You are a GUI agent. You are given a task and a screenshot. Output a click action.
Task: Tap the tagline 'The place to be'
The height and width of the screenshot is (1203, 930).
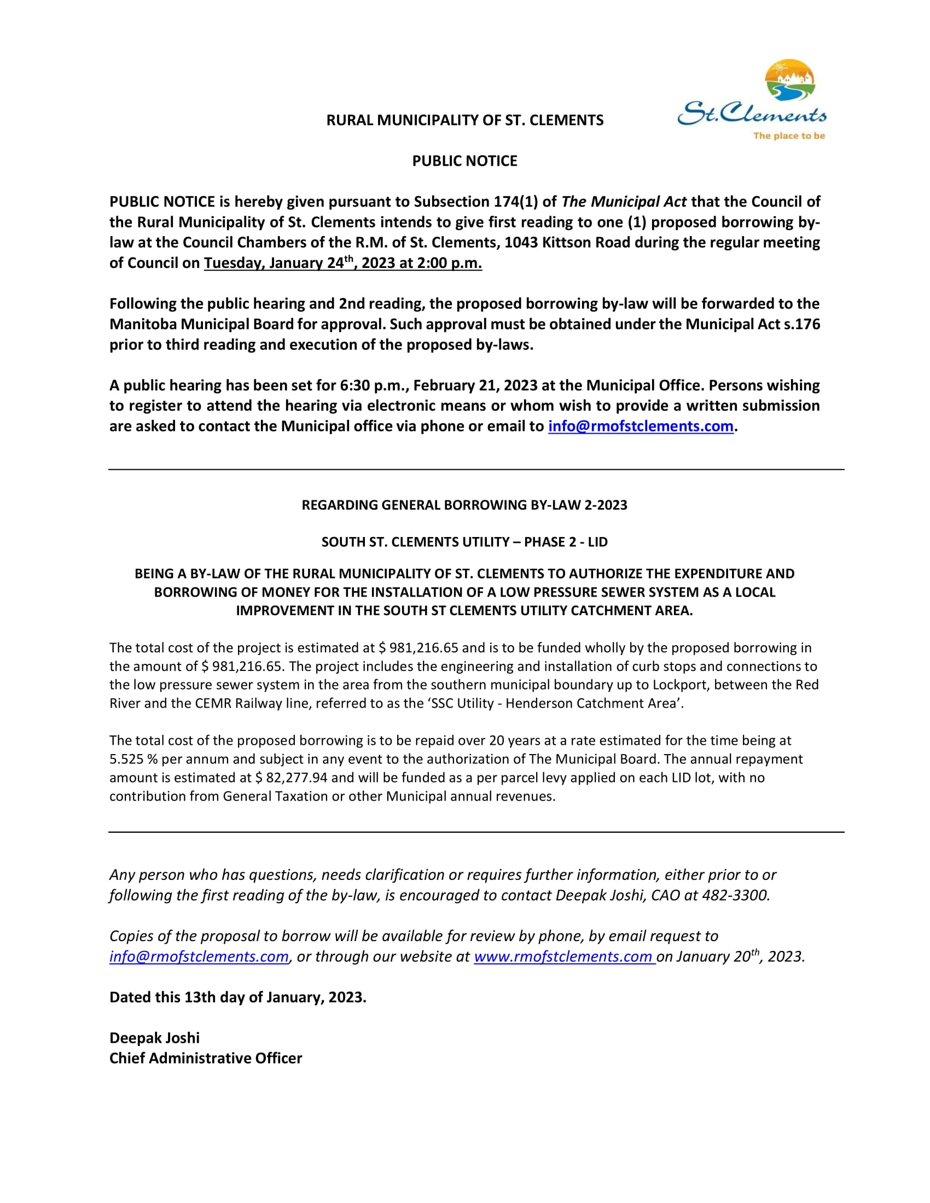(x=789, y=136)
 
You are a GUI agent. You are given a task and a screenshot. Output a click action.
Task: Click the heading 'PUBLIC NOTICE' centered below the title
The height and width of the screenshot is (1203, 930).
(x=464, y=161)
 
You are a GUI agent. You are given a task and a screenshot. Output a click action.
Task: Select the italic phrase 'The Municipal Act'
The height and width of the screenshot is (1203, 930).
(x=624, y=202)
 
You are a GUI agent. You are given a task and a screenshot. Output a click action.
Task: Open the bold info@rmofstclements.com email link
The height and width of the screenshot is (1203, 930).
(x=640, y=427)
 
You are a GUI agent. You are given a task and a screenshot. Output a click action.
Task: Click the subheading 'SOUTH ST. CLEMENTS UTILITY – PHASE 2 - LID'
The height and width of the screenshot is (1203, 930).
(x=464, y=542)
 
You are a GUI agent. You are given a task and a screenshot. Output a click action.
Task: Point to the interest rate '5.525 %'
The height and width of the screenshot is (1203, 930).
(x=133, y=759)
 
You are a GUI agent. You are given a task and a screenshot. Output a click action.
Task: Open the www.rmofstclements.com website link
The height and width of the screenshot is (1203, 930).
(x=563, y=957)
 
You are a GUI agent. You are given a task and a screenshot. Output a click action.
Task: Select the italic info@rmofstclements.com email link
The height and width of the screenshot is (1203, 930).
(x=199, y=957)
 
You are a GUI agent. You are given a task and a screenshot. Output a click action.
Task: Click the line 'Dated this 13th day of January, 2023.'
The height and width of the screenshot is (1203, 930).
(x=237, y=997)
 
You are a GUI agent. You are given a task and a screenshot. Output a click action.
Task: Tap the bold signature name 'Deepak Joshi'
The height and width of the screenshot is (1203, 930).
(x=154, y=1038)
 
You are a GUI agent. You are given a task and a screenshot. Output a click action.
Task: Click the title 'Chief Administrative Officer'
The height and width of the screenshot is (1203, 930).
(x=206, y=1059)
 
